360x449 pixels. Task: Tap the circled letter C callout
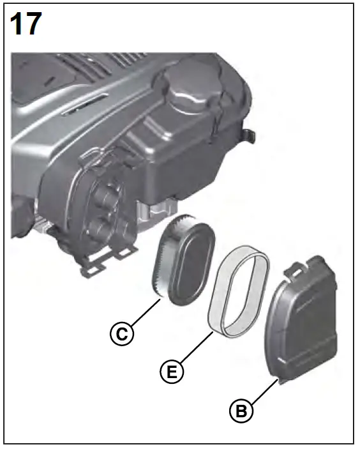(121, 332)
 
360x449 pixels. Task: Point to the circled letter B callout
(241, 410)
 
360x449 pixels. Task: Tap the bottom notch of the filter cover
(278, 381)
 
